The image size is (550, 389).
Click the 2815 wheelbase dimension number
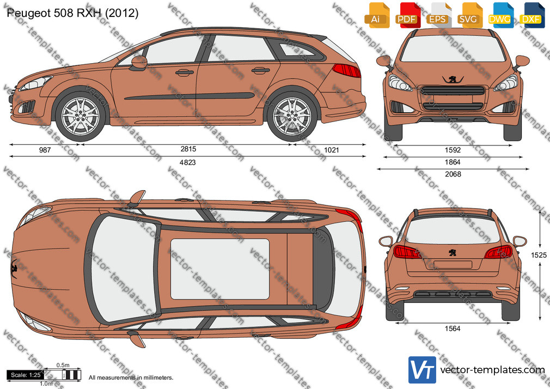(x=188, y=149)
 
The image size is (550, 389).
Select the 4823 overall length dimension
(x=188, y=162)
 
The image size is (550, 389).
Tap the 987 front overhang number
(x=45, y=150)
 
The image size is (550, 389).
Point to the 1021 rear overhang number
(x=332, y=150)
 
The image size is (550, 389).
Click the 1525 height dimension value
(x=539, y=255)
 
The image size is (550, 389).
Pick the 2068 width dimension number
(x=453, y=174)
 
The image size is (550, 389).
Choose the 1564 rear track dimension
(x=453, y=329)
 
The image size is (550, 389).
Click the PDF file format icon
(x=407, y=15)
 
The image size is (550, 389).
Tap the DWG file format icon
(x=500, y=15)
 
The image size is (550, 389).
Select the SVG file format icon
(x=469, y=15)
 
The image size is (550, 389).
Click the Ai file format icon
(x=377, y=15)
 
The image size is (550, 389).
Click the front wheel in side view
(x=81, y=116)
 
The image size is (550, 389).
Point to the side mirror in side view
(x=139, y=63)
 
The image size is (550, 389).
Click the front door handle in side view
(x=185, y=72)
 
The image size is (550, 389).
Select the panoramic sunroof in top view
(x=220, y=269)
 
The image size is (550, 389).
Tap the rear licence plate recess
(x=453, y=264)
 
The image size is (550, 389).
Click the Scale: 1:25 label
(x=26, y=375)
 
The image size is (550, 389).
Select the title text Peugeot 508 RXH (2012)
(x=72, y=13)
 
